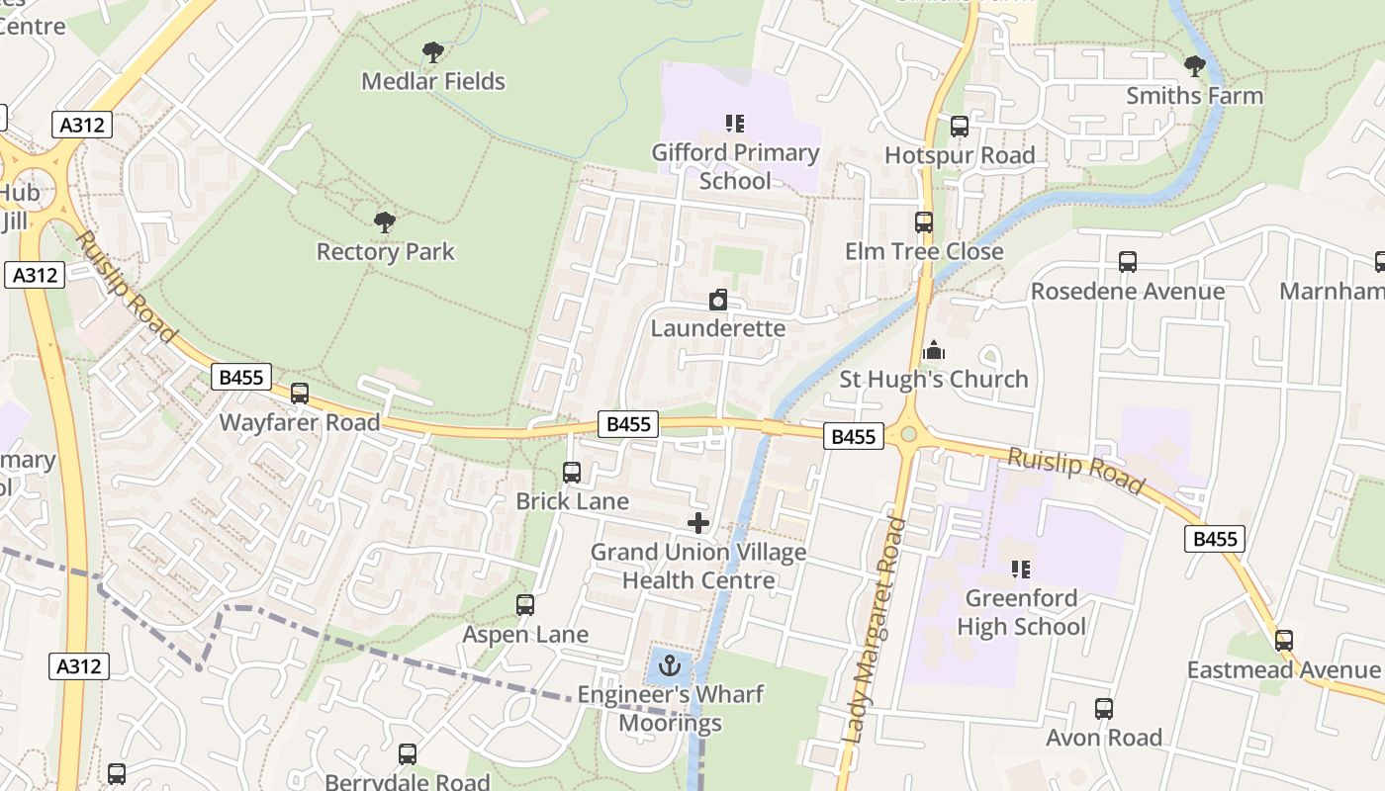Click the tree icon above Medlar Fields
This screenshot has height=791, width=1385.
click(432, 51)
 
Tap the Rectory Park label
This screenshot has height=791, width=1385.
click(385, 252)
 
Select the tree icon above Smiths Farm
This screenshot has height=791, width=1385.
click(1195, 66)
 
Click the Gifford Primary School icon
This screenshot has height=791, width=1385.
click(734, 124)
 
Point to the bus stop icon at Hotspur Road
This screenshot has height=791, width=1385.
click(959, 127)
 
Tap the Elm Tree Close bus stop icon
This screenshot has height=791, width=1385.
click(924, 222)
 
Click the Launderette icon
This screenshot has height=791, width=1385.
click(718, 300)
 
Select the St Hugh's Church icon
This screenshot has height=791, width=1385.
click(934, 350)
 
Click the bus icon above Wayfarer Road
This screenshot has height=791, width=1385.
click(300, 394)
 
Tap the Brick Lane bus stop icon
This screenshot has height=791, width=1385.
click(572, 473)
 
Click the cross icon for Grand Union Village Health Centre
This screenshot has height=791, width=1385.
click(698, 523)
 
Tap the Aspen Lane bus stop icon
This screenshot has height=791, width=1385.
click(525, 605)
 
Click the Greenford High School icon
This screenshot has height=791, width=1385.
click(1021, 569)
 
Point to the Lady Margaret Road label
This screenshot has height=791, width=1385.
click(875, 629)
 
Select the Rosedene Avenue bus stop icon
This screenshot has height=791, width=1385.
click(1128, 262)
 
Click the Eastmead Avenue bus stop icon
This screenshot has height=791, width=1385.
click(1284, 641)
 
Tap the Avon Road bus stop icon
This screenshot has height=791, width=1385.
click(1104, 709)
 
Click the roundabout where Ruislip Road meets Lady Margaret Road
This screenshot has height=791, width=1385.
click(907, 433)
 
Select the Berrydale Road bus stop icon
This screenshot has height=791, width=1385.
click(408, 754)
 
